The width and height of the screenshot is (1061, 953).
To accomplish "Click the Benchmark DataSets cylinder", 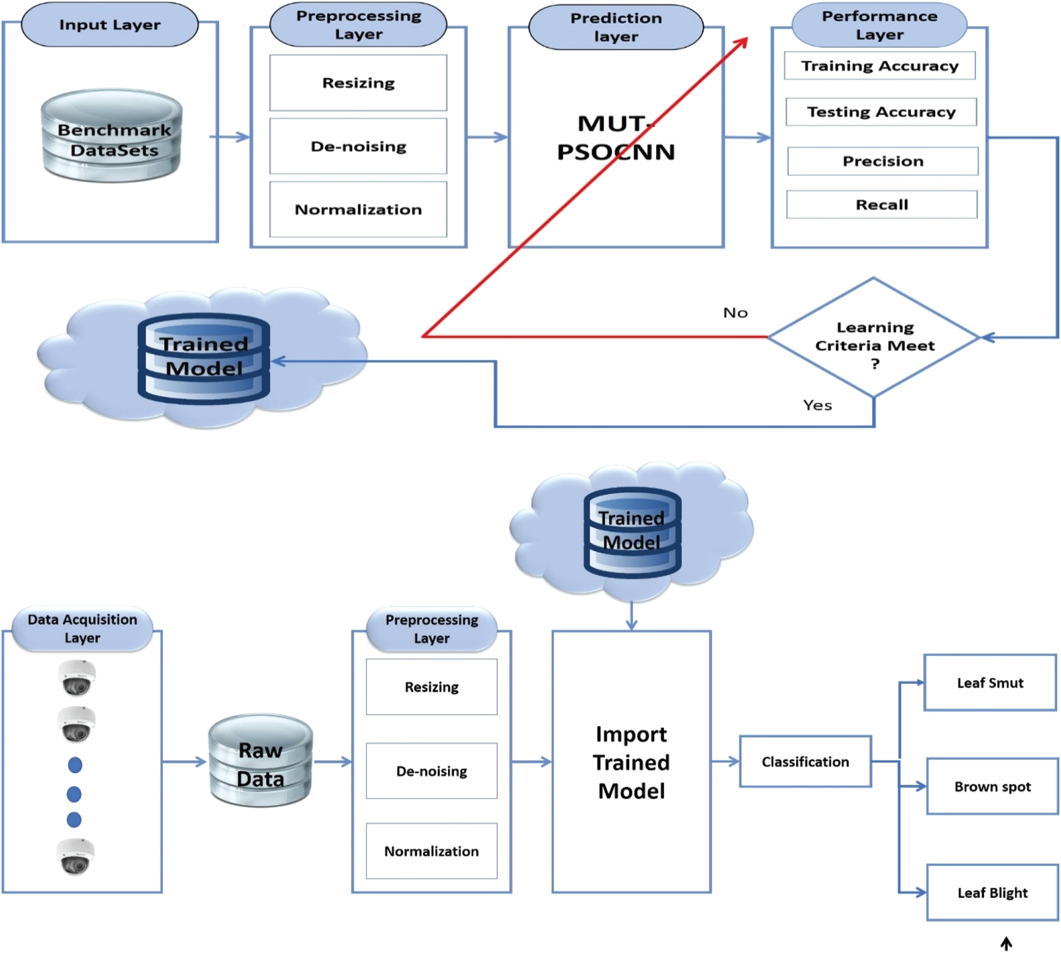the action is [x=112, y=136].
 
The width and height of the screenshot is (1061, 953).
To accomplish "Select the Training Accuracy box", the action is [x=880, y=66].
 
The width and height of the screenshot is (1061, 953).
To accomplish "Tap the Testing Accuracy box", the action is [x=881, y=112].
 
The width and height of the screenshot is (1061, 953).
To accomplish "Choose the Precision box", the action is [x=883, y=161].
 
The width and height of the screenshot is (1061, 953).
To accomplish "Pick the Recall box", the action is [x=882, y=204].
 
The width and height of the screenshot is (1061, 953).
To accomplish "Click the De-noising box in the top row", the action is [x=358, y=146].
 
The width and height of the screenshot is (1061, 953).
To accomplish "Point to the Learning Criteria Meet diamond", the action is [x=874, y=337].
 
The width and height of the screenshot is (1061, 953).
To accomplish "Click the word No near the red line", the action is [x=735, y=313].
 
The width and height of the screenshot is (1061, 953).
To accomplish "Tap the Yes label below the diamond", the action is [x=817, y=406].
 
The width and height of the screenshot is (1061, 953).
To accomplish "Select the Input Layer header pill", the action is [x=110, y=25].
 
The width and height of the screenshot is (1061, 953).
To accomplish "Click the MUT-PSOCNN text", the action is [x=616, y=138].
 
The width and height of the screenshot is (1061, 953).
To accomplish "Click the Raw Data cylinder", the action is [x=261, y=761].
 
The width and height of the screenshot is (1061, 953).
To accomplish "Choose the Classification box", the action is [x=805, y=762].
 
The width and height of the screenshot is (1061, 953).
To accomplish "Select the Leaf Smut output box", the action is [x=990, y=683].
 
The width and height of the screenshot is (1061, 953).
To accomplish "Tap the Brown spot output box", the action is [x=992, y=787].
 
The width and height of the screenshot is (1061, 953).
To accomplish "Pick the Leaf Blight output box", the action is [x=992, y=893].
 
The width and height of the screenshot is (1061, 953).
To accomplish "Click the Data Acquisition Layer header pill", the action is [x=82, y=629].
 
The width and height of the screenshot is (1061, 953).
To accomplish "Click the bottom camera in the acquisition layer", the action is [x=76, y=857].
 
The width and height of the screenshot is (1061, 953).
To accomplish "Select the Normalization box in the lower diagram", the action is [x=432, y=851].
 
